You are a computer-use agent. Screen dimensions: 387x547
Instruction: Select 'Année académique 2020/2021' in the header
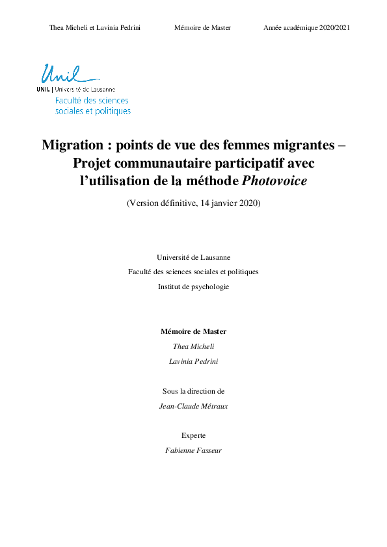point(307,28)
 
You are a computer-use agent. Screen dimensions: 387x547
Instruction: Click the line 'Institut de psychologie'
point(193,286)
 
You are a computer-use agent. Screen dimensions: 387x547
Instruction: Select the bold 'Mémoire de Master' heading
point(193,331)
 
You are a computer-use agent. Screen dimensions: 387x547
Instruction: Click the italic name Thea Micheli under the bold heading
point(193,346)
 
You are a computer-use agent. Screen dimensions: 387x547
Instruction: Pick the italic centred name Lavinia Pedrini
point(193,361)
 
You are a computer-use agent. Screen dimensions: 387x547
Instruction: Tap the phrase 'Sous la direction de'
point(193,391)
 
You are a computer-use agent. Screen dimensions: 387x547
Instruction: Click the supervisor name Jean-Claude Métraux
point(193,406)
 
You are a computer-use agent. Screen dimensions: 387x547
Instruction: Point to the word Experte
point(193,435)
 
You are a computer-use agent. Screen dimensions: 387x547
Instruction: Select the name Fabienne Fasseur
point(193,450)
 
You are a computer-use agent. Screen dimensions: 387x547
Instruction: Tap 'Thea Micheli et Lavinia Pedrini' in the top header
point(95,28)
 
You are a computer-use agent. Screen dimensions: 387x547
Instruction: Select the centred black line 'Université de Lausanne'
point(193,257)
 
